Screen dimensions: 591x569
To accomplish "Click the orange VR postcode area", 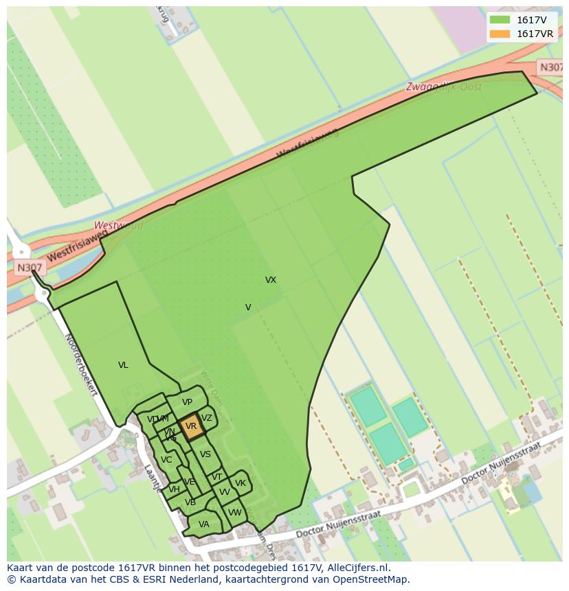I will pos(191,426).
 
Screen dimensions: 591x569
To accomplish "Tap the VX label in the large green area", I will pos(271,280).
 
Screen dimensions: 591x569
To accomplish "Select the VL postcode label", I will pos(123,365).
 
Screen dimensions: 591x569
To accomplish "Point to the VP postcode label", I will pos(187,402).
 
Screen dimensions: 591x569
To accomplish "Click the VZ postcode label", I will pos(207,418).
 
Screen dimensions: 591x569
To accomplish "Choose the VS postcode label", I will pos(205,454).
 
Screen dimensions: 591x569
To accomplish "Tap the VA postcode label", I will pos(203,524).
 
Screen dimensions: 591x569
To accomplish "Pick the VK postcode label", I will pos(241,483).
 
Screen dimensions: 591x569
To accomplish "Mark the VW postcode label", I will pos(235,513).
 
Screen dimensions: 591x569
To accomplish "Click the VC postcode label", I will pos(166,460).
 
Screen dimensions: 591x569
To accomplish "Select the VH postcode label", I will pos(174,489).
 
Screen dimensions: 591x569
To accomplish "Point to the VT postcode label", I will pos(217,477).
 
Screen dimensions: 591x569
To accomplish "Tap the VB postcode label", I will pos(190,502).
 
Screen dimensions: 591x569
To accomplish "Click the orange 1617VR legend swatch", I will pos(500,34).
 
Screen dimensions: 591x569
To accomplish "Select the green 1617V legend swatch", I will pos(500,20).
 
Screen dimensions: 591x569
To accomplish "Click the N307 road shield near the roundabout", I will pos(30,268).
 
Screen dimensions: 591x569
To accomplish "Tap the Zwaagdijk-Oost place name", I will pos(443,87).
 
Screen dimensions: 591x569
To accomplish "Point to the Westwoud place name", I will pos(118,225).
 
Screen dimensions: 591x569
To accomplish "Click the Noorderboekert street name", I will pos(80,364).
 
